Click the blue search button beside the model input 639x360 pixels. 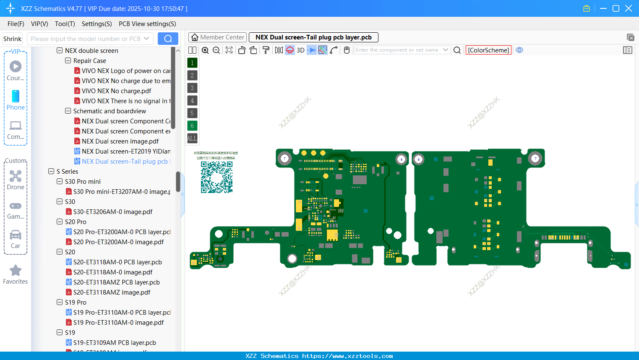[168, 39]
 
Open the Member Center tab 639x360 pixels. [217, 37]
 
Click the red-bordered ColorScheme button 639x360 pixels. [488, 50]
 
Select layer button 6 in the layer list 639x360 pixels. [192, 125]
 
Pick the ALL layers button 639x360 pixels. [192, 138]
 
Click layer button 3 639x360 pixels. [192, 88]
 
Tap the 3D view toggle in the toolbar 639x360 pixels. [300, 50]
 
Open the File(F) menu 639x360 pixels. [16, 24]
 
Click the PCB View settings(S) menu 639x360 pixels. [147, 24]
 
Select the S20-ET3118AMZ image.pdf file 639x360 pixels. [112, 292]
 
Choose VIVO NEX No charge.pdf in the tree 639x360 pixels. [116, 91]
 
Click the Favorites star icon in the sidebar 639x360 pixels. [16, 271]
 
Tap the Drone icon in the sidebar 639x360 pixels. [16, 177]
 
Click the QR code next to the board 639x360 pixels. [216, 177]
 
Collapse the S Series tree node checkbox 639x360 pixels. [51, 171]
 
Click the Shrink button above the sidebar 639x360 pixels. [12, 39]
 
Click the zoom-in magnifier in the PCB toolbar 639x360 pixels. [205, 50]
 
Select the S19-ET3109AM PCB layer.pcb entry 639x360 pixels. [115, 342]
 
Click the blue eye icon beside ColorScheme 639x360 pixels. [519, 50]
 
